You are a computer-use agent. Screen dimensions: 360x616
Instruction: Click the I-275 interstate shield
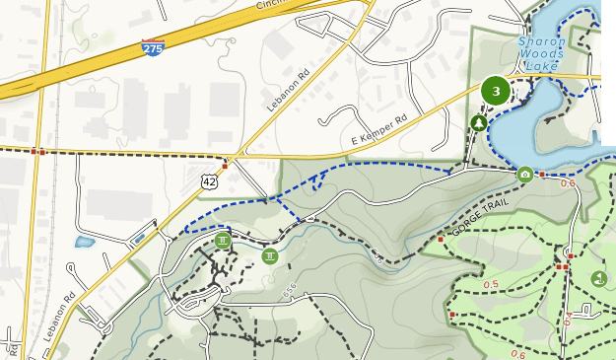[153, 46]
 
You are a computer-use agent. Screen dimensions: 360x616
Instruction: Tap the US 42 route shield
[208, 180]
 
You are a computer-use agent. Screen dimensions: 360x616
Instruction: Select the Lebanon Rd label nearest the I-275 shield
[288, 90]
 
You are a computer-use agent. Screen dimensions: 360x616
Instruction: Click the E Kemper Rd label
[379, 133]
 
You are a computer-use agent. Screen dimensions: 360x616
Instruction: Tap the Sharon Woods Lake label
[542, 54]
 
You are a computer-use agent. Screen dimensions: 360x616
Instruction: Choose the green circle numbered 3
[496, 92]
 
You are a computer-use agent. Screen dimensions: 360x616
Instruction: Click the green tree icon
[478, 123]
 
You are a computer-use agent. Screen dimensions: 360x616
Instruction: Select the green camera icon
[525, 175]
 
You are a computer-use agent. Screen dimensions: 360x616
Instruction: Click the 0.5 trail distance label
[491, 285]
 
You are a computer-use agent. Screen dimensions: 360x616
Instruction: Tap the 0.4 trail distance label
[568, 319]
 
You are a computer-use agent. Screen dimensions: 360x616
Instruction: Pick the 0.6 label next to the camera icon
[568, 183]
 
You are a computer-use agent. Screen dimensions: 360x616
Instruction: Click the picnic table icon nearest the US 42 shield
[223, 240]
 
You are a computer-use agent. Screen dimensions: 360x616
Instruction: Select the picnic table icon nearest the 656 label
[270, 256]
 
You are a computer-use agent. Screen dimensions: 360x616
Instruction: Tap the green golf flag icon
[598, 279]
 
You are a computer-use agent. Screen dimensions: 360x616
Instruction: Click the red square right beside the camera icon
[541, 175]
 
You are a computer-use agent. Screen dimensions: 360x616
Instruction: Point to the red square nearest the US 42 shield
[225, 167]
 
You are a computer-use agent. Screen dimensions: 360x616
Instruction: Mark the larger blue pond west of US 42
[85, 242]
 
